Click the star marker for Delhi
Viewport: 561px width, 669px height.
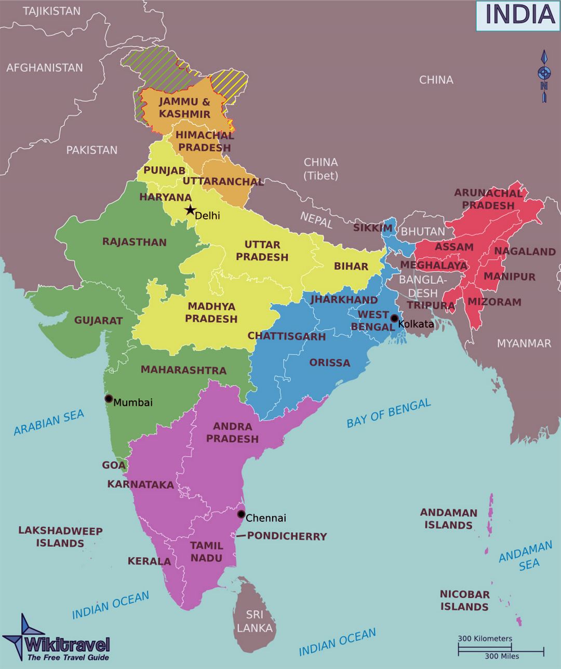coord(190,211)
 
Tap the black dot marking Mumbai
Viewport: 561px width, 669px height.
coord(109,399)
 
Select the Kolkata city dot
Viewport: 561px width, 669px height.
coord(394,318)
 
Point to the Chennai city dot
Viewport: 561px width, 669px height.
coord(241,514)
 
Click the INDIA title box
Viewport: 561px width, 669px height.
coord(518,15)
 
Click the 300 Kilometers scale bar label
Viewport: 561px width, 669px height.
coord(485,638)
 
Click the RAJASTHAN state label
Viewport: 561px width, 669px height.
coord(135,242)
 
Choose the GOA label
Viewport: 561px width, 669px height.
coord(114,465)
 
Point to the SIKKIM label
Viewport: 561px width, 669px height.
coord(373,228)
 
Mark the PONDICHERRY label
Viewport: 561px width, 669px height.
coord(287,536)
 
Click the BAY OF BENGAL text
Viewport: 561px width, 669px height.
coord(389,413)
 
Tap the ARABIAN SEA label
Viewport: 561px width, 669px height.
coord(49,422)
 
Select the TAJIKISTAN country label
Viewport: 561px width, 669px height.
coord(52,11)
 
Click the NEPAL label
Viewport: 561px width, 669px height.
coord(316,219)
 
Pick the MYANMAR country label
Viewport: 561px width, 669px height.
coord(524,343)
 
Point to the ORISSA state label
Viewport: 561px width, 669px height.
coord(330,363)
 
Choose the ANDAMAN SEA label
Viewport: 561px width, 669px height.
coord(526,556)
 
